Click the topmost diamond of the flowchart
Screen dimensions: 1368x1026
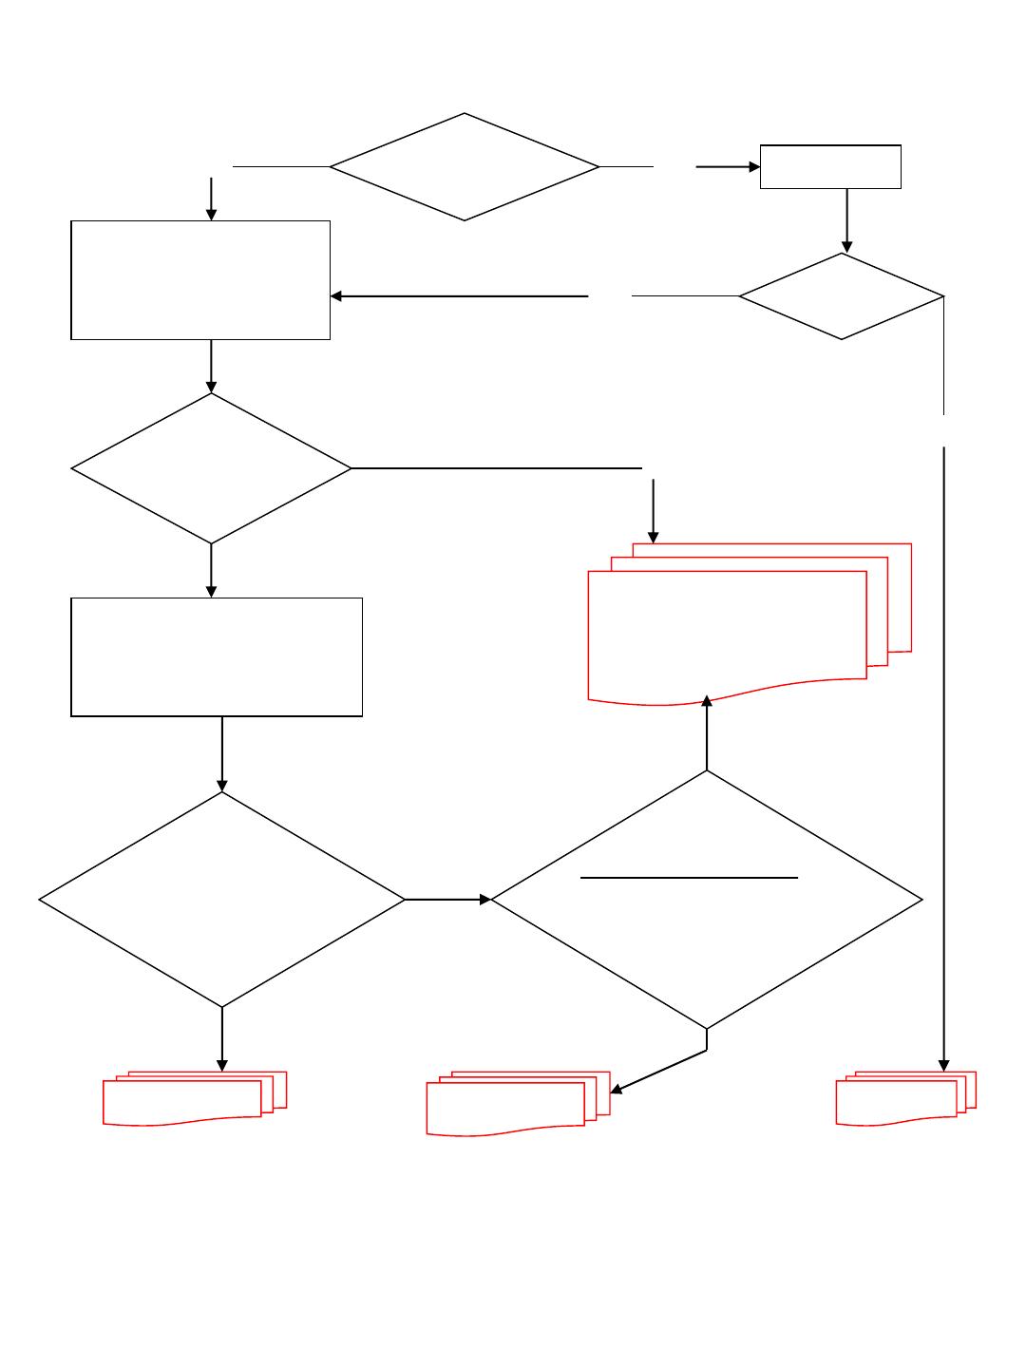click(x=465, y=167)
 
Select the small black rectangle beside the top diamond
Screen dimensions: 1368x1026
click(x=830, y=167)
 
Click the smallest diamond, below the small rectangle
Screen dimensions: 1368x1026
click(x=842, y=296)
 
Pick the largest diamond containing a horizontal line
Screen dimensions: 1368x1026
click(x=707, y=940)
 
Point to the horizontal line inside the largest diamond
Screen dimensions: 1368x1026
click(x=689, y=878)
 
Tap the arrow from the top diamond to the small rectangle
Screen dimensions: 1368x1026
click(x=728, y=167)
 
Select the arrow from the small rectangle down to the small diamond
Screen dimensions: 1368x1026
click(x=846, y=220)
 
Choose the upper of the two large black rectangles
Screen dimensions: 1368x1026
click(x=200, y=280)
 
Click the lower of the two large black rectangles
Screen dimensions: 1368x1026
click(x=217, y=656)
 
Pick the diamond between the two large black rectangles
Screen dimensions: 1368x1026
click(x=211, y=468)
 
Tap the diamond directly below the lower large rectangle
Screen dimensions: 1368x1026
click(x=222, y=899)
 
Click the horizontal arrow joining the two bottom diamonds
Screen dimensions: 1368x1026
click(x=447, y=899)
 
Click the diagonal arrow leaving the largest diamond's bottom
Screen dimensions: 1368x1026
click(x=658, y=1072)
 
